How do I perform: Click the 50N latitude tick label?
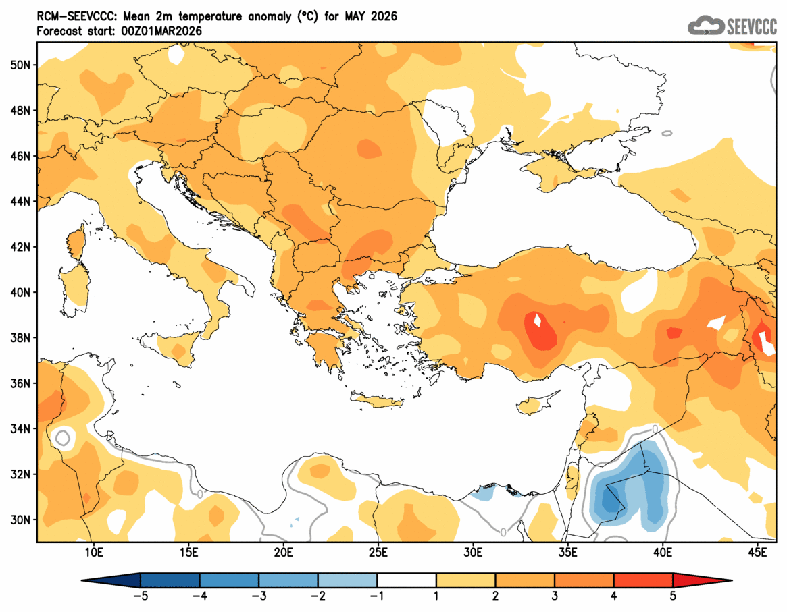(20, 65)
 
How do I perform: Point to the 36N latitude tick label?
(20, 383)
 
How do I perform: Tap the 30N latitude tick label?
(20, 520)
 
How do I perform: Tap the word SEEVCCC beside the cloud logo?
(751, 27)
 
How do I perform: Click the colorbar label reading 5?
(673, 596)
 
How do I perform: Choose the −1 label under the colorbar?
(377, 596)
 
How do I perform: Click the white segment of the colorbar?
(407, 580)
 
